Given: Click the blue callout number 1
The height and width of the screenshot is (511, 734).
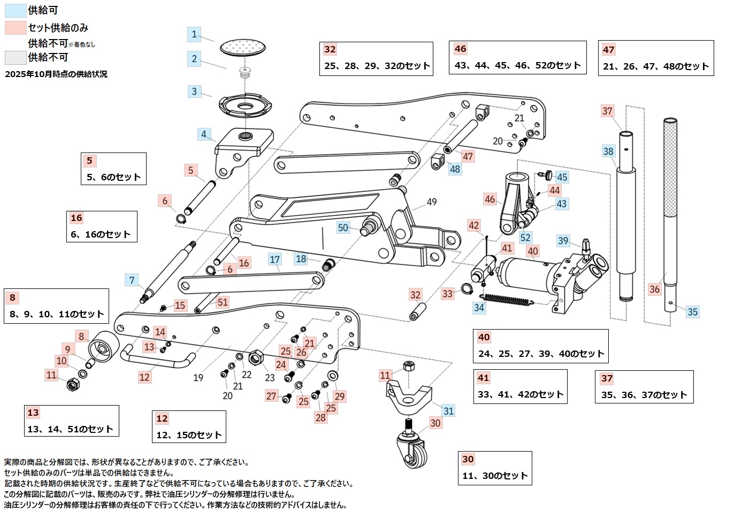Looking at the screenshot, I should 194,35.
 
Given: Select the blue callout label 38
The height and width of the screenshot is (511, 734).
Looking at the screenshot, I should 608,151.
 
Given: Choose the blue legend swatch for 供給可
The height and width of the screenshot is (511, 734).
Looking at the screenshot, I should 15,10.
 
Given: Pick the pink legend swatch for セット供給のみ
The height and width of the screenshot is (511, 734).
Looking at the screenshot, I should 15,27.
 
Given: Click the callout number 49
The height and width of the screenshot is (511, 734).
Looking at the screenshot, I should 432,202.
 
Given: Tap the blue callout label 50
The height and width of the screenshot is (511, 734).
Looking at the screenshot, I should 343,227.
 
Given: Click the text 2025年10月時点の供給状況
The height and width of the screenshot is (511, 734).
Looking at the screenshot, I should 56,74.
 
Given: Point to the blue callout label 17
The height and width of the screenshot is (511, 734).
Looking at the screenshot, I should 274,260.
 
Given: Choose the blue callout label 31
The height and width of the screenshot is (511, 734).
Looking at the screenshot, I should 448,410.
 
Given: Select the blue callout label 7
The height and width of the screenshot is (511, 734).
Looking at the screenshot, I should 132,279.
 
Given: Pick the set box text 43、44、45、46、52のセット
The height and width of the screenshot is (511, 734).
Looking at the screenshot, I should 517,65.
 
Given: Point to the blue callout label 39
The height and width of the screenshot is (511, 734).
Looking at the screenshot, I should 563,240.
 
